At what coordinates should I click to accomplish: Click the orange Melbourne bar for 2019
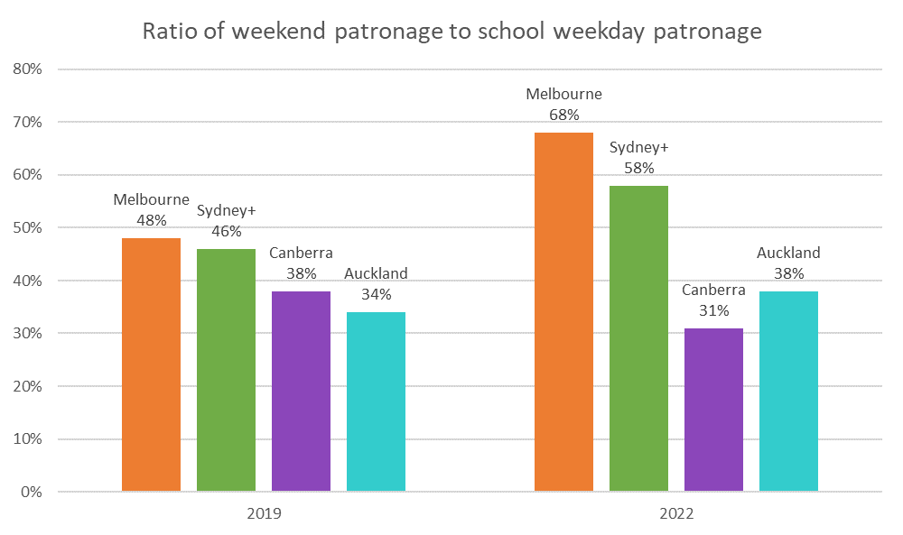[x=151, y=364]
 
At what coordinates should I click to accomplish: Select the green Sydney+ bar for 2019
[x=226, y=370]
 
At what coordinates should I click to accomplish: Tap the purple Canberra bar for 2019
[x=301, y=392]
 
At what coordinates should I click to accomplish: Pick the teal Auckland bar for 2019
[x=376, y=401]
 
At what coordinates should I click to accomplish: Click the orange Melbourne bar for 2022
[x=563, y=311]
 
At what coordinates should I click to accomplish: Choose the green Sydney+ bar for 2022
[x=638, y=338]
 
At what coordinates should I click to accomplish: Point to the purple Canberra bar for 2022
[x=713, y=410]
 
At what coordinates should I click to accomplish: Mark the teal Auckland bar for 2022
[x=788, y=392]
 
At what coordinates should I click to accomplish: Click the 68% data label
[x=563, y=115]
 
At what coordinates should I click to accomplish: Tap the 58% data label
[x=638, y=168]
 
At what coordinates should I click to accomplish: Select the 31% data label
[x=713, y=310]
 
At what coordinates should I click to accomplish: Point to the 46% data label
[x=226, y=231]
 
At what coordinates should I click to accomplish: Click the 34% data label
[x=376, y=294]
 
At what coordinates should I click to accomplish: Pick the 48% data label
[x=151, y=220]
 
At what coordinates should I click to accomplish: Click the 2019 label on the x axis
[x=264, y=514]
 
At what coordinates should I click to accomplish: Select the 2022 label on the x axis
[x=676, y=514]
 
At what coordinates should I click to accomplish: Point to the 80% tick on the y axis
[x=31, y=69]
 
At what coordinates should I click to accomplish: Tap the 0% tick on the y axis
[x=34, y=493]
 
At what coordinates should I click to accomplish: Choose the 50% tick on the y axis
[x=31, y=228]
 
